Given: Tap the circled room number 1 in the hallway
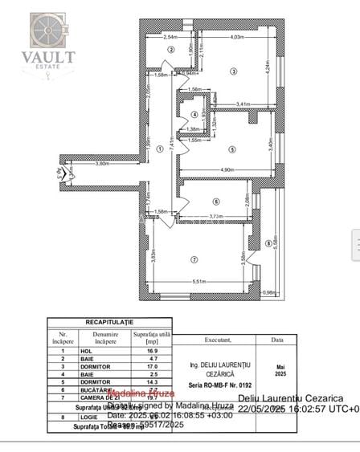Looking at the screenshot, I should [160, 149].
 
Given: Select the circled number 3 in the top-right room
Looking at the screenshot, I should [233, 72].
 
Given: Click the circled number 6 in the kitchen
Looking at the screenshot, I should [215, 202].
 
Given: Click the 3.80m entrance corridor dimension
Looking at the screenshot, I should [102, 164].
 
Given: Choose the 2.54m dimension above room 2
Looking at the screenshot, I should [170, 38].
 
